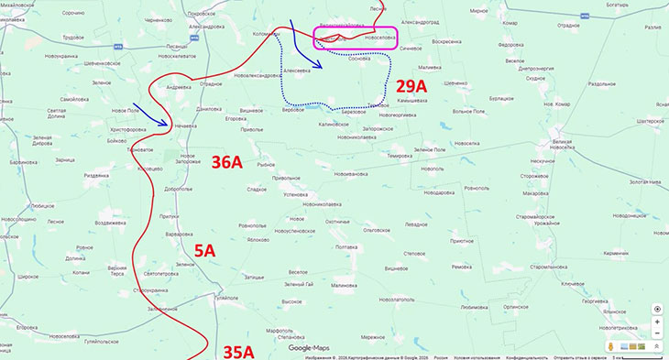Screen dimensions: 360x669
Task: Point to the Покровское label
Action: click(200, 14)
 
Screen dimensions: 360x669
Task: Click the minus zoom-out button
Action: click(657, 333)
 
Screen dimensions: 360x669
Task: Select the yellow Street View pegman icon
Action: click(656, 345)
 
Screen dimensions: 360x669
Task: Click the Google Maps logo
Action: click(308, 348)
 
